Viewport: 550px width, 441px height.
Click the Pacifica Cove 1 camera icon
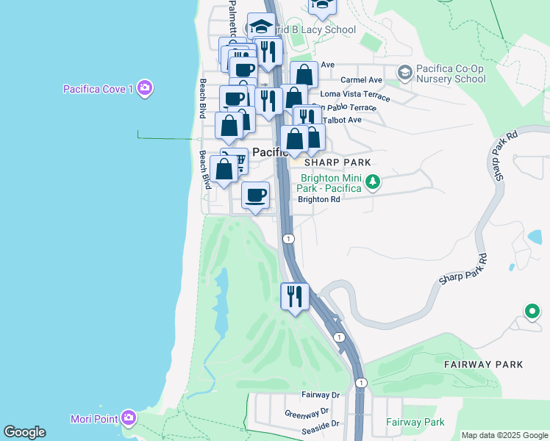(145, 89)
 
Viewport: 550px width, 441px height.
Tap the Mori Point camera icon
(129, 418)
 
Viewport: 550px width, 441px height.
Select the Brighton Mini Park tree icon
(373, 182)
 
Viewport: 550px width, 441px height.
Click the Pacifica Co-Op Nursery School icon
(404, 73)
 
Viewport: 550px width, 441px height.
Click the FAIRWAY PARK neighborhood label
(483, 364)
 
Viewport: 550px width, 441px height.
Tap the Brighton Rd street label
(318, 199)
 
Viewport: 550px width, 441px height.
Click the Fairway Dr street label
(320, 395)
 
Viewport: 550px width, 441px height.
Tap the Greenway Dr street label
(308, 412)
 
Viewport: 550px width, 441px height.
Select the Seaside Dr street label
(319, 424)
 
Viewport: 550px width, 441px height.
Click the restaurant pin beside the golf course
(295, 296)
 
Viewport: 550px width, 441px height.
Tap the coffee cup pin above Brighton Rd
(255, 196)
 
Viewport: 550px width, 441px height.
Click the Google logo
(24, 432)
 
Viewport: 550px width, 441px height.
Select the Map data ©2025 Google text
(504, 435)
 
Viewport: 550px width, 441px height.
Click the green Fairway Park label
(415, 423)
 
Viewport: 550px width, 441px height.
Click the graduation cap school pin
(260, 27)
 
